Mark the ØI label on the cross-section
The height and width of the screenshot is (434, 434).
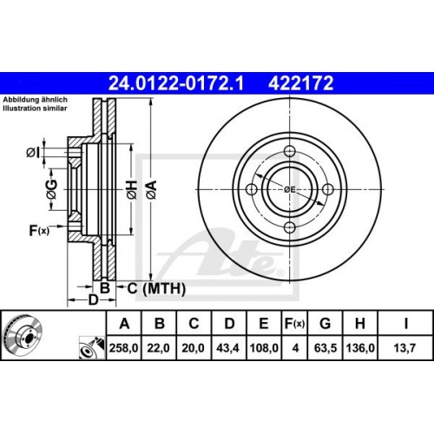[32, 153]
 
